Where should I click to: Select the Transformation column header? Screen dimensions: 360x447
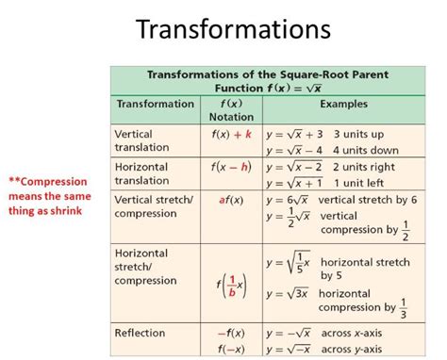pos(155,104)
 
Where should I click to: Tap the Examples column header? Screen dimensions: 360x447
pos(343,104)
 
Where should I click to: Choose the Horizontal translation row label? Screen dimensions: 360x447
pos(143,172)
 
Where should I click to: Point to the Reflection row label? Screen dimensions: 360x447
pos(140,333)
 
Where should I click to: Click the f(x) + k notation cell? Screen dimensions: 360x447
pos(231,134)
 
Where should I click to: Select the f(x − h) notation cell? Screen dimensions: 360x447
pos(231,166)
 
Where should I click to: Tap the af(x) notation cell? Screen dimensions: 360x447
pos(230,200)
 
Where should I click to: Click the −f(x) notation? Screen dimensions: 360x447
pos(230,333)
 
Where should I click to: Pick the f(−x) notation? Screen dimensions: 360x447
pos(230,348)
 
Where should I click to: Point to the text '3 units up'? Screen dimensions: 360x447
pos(358,134)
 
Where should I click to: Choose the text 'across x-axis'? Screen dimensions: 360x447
pos(356,333)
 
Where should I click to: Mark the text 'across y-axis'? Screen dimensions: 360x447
pos(356,348)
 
